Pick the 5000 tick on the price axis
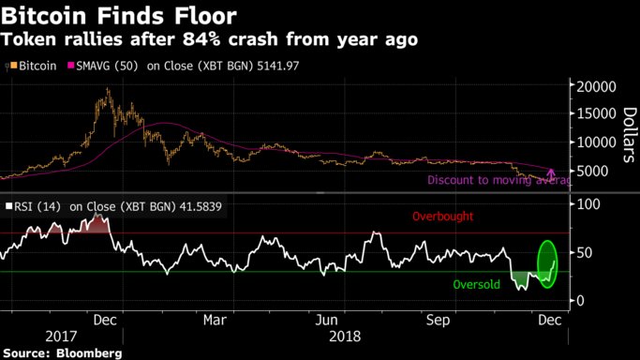pos(597,171)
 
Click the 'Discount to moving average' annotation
pos(498,180)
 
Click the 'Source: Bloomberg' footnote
pos(62,352)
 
